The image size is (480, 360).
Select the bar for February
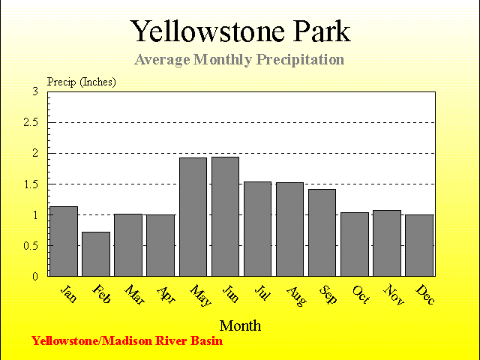point(96,254)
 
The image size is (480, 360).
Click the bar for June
point(225,217)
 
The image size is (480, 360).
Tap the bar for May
point(193,217)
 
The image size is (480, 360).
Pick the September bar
point(322,232)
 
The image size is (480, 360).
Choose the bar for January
point(64,241)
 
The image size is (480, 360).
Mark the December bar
point(419,245)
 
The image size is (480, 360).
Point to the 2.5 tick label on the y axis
point(31,122)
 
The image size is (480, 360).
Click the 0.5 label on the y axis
point(31,245)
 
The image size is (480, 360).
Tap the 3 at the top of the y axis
point(35,91)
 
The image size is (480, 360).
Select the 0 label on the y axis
point(35,277)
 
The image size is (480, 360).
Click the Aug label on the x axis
point(296,296)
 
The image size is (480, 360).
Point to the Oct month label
point(361,295)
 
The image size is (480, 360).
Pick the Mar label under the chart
point(134,295)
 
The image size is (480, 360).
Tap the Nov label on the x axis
point(394,295)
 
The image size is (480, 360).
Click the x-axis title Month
point(240,325)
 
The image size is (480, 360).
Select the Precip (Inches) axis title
point(82,82)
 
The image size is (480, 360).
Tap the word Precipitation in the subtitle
point(300,59)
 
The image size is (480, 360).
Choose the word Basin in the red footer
point(207,340)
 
